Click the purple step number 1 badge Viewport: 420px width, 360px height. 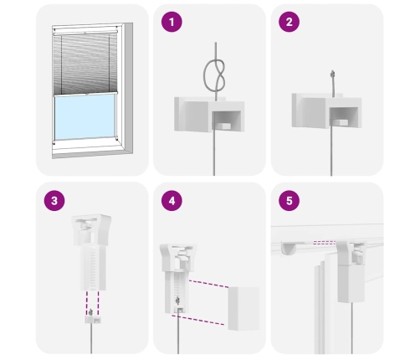(172, 22)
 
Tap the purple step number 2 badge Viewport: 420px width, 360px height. (289, 22)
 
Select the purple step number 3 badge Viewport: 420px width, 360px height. (54, 201)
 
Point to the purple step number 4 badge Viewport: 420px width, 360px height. (172, 201)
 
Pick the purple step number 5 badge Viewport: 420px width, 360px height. (289, 201)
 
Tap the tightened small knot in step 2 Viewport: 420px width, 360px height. (332, 75)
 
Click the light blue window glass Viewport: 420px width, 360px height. (85, 116)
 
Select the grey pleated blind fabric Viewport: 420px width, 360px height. (85, 64)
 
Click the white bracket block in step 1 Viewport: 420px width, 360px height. (209, 114)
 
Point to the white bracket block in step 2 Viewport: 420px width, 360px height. (326, 111)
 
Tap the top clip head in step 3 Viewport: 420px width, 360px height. (91, 229)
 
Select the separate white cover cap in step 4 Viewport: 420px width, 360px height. (243, 308)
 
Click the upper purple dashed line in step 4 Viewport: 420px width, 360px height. (208, 284)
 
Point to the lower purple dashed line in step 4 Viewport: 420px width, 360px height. (197, 320)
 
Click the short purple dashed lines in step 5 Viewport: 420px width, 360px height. (325, 243)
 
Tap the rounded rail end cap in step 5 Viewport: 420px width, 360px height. (289, 248)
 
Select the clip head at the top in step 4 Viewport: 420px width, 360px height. (178, 257)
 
